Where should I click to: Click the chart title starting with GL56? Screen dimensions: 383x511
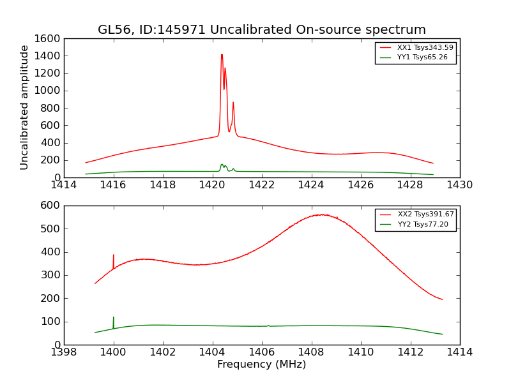261,30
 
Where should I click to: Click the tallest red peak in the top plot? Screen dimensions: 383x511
222,55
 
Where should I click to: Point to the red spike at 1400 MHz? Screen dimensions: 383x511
114,255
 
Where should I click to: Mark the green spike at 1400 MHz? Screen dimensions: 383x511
114,318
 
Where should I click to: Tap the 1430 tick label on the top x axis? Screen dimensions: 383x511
459,185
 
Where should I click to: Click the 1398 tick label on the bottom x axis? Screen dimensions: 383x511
64,352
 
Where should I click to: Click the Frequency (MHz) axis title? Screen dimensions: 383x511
261,365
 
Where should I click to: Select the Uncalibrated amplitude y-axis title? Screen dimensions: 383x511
24,107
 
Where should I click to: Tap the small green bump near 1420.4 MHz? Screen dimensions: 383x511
222,165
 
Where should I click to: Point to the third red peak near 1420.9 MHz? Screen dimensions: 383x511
233,103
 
